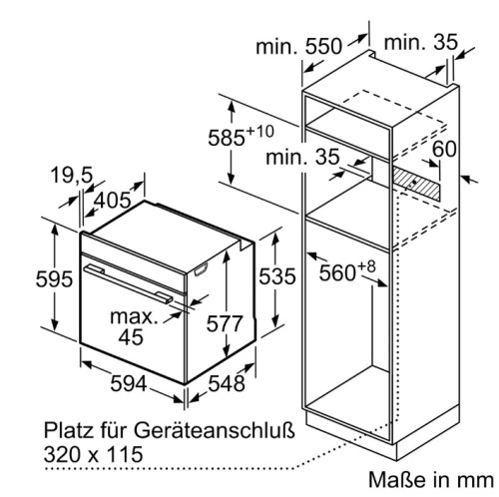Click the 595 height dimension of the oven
[x=54, y=278]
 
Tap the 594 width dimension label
[x=129, y=383]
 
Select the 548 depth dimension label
[x=227, y=383]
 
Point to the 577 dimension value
[x=225, y=323]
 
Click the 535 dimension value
[x=277, y=276]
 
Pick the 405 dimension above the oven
[x=113, y=200]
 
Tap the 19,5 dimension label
[x=72, y=176]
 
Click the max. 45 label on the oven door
[x=133, y=327]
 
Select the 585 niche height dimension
[x=227, y=138]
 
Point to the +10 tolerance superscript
[x=259, y=131]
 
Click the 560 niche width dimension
[x=337, y=273]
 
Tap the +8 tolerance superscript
[x=366, y=266]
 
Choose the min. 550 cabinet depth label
[x=298, y=46]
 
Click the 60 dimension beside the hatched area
[x=444, y=149]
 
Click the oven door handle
[x=128, y=284]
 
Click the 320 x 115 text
[x=93, y=454]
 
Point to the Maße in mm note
[x=431, y=480]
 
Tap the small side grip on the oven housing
[x=202, y=269]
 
